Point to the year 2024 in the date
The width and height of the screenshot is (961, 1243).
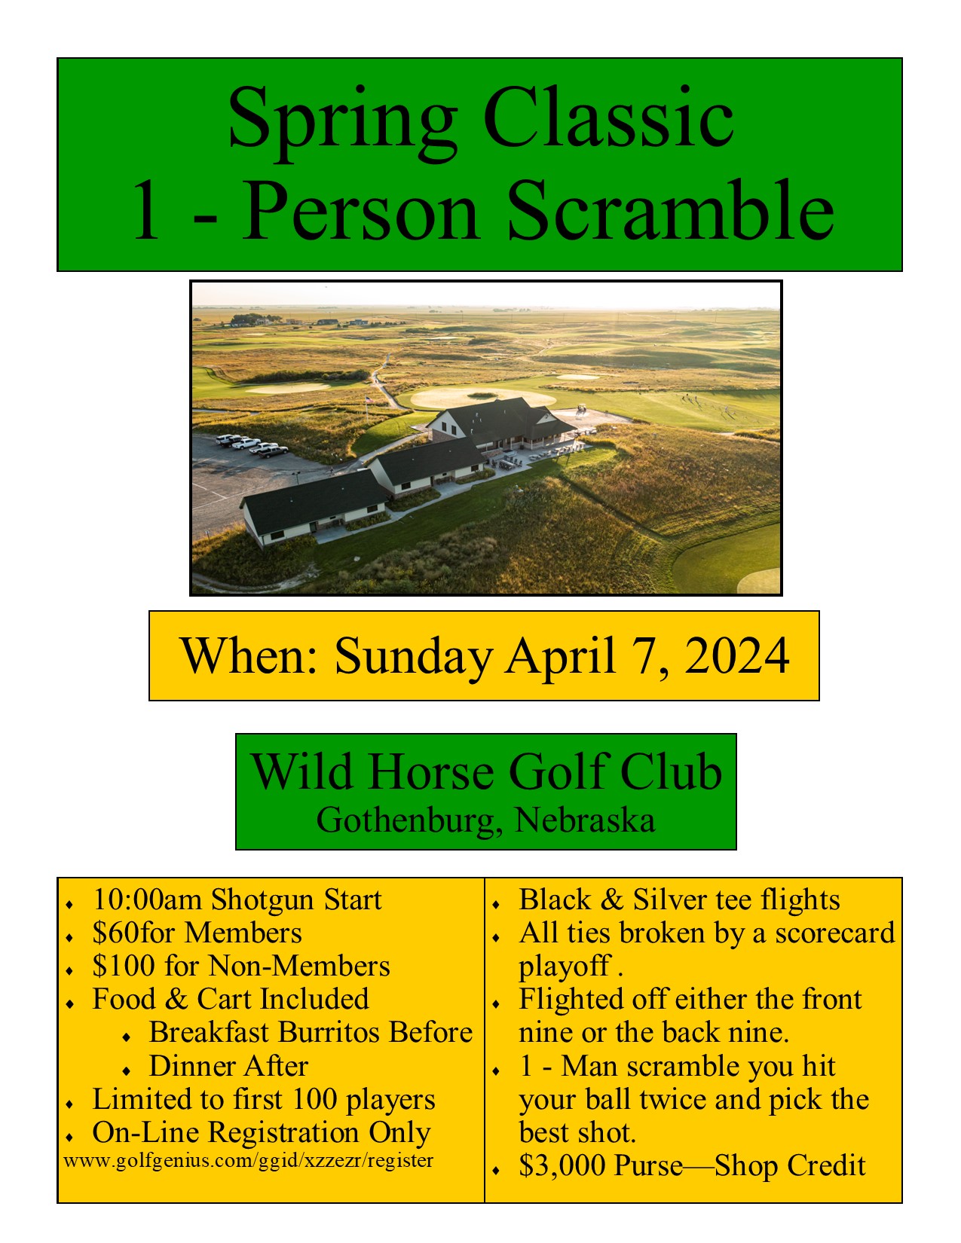pos(736,655)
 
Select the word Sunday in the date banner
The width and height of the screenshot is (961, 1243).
pos(413,658)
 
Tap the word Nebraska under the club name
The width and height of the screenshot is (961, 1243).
pos(584,820)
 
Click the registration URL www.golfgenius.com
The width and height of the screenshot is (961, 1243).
pos(249,1161)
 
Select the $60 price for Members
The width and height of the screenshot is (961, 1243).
pos(115,933)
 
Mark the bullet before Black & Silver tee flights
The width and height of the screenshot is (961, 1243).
pos(496,904)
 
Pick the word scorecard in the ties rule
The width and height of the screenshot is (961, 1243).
pos(834,933)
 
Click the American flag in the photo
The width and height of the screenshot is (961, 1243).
pos(370,400)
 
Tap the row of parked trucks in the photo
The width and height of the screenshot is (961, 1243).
pos(252,445)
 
